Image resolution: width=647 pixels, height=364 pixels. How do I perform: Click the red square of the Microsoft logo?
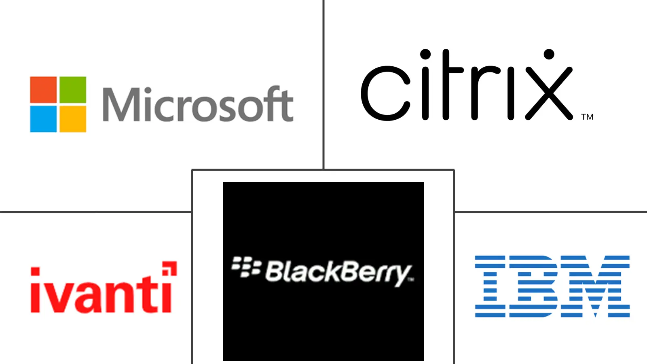(43, 89)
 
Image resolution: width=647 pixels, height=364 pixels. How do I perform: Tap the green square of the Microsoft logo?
(73, 89)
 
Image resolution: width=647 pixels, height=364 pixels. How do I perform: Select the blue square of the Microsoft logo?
(43, 119)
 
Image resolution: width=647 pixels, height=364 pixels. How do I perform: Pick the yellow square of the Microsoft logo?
(73, 119)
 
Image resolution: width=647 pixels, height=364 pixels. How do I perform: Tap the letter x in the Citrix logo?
(549, 93)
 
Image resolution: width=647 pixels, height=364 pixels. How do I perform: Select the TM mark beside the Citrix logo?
(587, 117)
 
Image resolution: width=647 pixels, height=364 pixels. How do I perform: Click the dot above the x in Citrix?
(549, 54)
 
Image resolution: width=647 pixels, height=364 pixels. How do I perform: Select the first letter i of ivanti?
(35, 290)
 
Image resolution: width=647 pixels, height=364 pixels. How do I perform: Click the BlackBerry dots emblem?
(246, 267)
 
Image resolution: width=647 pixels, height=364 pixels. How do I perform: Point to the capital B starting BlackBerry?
(275, 271)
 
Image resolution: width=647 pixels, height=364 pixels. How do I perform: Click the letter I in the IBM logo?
(490, 286)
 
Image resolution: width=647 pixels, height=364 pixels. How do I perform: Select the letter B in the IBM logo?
(533, 286)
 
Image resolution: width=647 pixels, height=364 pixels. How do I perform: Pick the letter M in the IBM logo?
(595, 286)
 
